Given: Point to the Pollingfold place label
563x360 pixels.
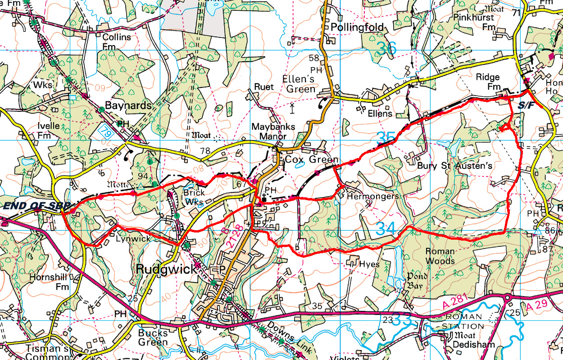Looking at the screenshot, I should pyautogui.click(x=357, y=27).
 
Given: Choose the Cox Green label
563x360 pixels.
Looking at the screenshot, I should pyautogui.click(x=310, y=160).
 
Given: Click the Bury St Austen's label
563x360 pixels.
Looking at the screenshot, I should pyautogui.click(x=455, y=166).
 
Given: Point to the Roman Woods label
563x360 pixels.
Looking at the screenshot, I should pyautogui.click(x=440, y=256).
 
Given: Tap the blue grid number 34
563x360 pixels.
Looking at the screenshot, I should pyautogui.click(x=386, y=228).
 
